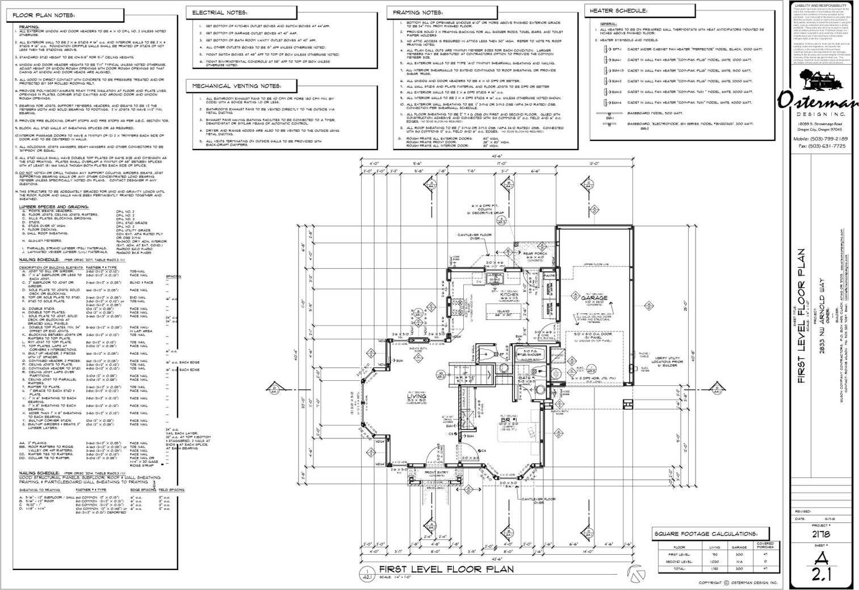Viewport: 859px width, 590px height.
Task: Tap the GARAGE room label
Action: coord(594,298)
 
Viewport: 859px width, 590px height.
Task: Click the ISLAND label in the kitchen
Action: coord(503,311)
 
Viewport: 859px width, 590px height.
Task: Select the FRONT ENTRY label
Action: coord(437,472)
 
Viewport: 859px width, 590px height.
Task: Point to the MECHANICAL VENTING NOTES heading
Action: coord(237,86)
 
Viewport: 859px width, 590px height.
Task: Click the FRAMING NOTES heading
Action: coord(417,13)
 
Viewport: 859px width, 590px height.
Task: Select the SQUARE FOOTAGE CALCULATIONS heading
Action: coord(706,534)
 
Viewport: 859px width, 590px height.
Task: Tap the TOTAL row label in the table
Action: coord(679,568)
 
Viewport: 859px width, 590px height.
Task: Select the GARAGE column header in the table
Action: coord(739,547)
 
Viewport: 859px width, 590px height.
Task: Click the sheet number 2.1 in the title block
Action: coord(822,575)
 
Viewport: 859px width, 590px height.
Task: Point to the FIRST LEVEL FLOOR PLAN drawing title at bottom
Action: coord(446,569)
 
